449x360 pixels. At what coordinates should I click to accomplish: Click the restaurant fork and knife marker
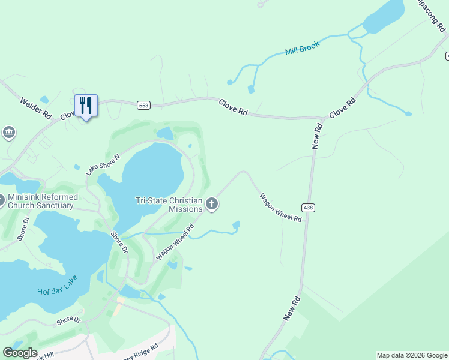click(86, 106)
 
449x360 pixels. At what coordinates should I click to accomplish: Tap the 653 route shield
click(143, 105)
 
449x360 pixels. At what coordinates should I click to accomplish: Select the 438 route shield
click(309, 208)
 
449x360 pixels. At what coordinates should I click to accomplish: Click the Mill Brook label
click(303, 48)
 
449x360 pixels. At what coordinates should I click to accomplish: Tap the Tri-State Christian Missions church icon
click(211, 205)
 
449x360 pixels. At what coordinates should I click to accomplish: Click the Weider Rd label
click(37, 108)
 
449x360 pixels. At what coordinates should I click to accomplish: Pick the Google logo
click(19, 353)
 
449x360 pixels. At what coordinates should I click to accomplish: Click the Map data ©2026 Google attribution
click(412, 355)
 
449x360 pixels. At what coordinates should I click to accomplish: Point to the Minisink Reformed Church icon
click(2, 200)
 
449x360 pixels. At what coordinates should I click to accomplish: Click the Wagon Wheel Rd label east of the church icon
click(280, 207)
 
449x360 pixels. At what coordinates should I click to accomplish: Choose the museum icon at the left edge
click(8, 132)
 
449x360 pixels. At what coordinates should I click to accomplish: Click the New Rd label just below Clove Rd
click(318, 136)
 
